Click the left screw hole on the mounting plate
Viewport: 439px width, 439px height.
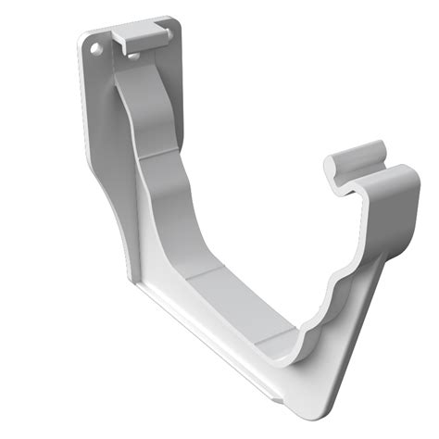94,43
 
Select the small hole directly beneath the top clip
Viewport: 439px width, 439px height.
136,56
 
